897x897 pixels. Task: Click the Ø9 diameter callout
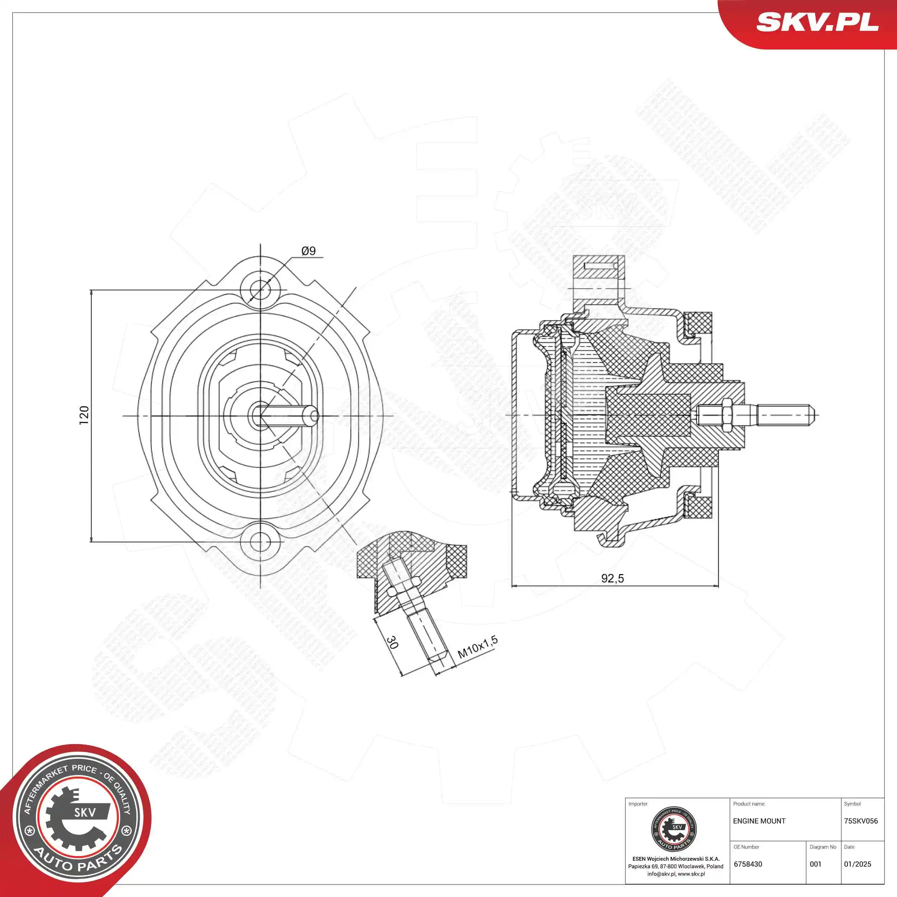point(308,251)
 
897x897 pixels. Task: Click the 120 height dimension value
point(84,415)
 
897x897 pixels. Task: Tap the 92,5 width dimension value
point(612,578)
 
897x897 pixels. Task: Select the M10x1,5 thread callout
point(477,647)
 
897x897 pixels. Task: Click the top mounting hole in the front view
point(260,290)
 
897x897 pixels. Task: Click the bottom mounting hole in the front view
point(260,541)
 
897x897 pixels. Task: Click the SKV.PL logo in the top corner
point(817,22)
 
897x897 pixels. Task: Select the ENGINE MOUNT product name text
point(759,821)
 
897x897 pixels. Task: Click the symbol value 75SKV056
point(861,821)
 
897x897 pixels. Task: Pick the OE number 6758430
point(748,864)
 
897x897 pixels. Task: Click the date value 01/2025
point(858,864)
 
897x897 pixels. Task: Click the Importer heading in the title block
point(638,804)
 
